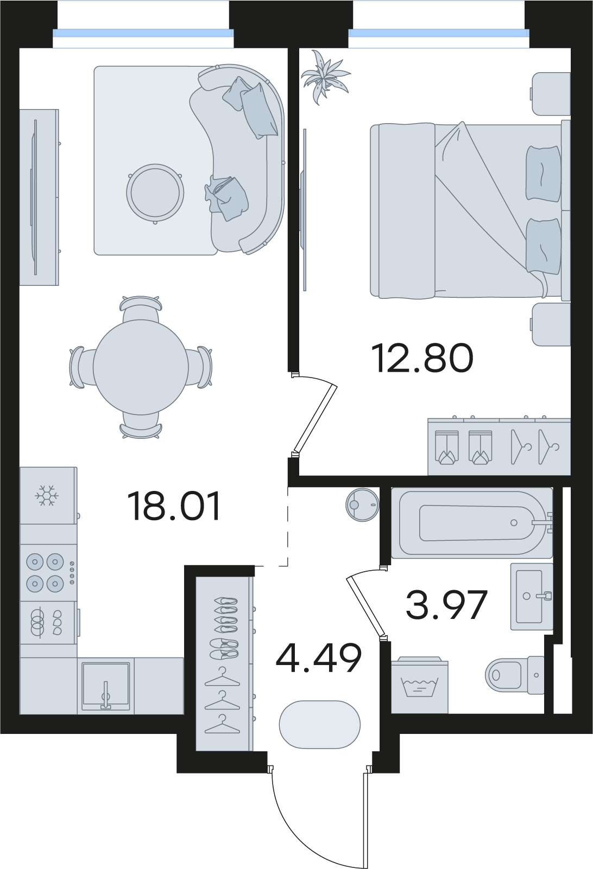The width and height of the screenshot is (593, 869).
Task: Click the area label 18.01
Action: (176, 506)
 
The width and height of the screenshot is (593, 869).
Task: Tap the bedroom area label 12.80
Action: (422, 358)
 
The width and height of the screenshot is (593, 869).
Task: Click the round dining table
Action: (141, 367)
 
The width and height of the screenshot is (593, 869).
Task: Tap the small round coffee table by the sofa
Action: (155, 193)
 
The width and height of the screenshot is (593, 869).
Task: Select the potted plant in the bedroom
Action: (325, 77)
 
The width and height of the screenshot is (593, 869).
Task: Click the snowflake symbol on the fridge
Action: (47, 495)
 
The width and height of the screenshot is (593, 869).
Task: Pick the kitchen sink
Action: (106, 686)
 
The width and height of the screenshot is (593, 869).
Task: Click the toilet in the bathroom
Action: (515, 675)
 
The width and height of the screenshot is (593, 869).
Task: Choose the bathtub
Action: (472, 522)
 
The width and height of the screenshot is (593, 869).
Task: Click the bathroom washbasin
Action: (532, 596)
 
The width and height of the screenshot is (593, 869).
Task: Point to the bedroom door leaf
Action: (316, 419)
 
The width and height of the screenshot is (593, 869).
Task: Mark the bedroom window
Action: (439, 34)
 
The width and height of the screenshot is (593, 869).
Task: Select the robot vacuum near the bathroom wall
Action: (362, 504)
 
